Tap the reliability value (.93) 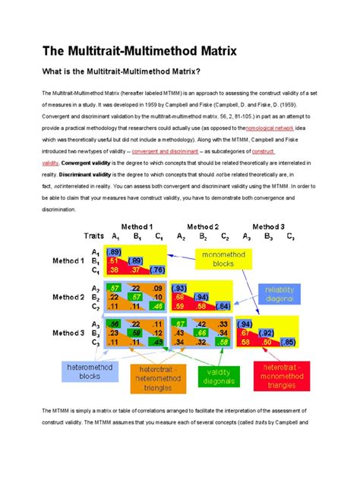pyautogui.click(x=180, y=288)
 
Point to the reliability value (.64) pyautogui.click(x=223, y=306)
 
